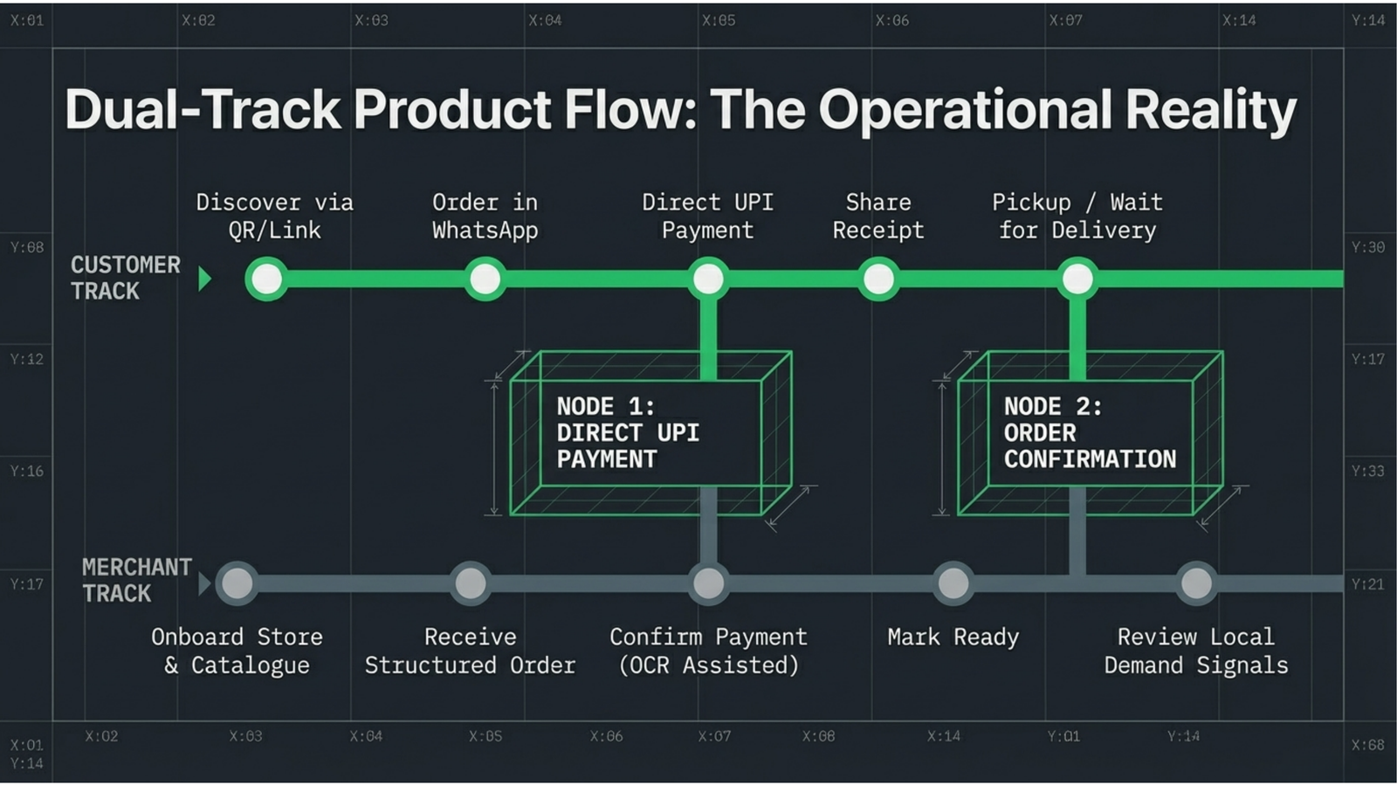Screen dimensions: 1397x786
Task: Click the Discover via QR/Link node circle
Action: [267, 279]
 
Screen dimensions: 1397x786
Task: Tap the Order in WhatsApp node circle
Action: [485, 279]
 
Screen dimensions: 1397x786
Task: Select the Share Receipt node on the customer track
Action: [878, 279]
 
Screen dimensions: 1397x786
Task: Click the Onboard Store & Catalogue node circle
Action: [237, 584]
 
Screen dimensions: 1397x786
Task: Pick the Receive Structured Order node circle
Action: [471, 584]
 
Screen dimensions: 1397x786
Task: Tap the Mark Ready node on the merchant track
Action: [953, 584]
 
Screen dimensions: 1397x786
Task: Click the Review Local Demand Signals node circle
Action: [1196, 584]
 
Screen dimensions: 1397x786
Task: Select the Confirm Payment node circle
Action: [708, 584]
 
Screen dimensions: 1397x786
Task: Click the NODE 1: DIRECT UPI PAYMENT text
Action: [628, 433]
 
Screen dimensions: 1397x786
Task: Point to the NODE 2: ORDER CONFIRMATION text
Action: [1091, 433]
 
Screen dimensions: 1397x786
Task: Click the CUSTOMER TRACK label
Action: [126, 279]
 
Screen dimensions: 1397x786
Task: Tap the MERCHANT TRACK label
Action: [136, 580]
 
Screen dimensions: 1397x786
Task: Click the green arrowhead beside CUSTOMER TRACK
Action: [204, 279]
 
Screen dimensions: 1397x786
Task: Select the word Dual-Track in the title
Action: [203, 110]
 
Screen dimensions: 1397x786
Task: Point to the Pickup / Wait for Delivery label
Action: [1077, 217]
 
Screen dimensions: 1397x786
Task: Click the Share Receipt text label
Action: [878, 217]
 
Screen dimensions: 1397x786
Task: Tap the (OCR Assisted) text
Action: [708, 665]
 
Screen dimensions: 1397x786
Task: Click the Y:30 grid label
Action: [1368, 248]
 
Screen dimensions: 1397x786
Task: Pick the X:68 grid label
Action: [1368, 745]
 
